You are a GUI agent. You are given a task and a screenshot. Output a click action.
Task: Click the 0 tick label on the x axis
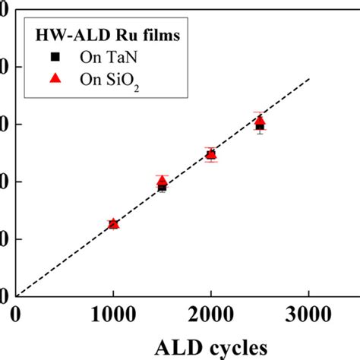(16, 313)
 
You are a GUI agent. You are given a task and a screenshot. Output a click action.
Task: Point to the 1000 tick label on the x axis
(113, 313)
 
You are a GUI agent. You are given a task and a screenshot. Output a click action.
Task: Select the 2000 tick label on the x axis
(210, 313)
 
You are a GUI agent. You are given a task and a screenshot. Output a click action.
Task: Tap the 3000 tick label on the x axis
(308, 313)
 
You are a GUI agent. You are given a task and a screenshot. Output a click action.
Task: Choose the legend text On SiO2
(109, 84)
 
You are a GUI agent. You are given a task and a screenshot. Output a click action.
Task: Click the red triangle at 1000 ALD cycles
(113, 223)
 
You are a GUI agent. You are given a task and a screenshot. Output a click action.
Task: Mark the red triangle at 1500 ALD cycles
(162, 180)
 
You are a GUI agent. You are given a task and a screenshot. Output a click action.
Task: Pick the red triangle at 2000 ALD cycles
(210, 154)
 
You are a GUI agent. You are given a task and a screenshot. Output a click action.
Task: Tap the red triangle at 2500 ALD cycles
(260, 120)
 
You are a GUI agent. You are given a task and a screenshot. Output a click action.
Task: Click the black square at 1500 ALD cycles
(162, 187)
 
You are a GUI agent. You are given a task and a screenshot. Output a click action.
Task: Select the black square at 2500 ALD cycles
(260, 126)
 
